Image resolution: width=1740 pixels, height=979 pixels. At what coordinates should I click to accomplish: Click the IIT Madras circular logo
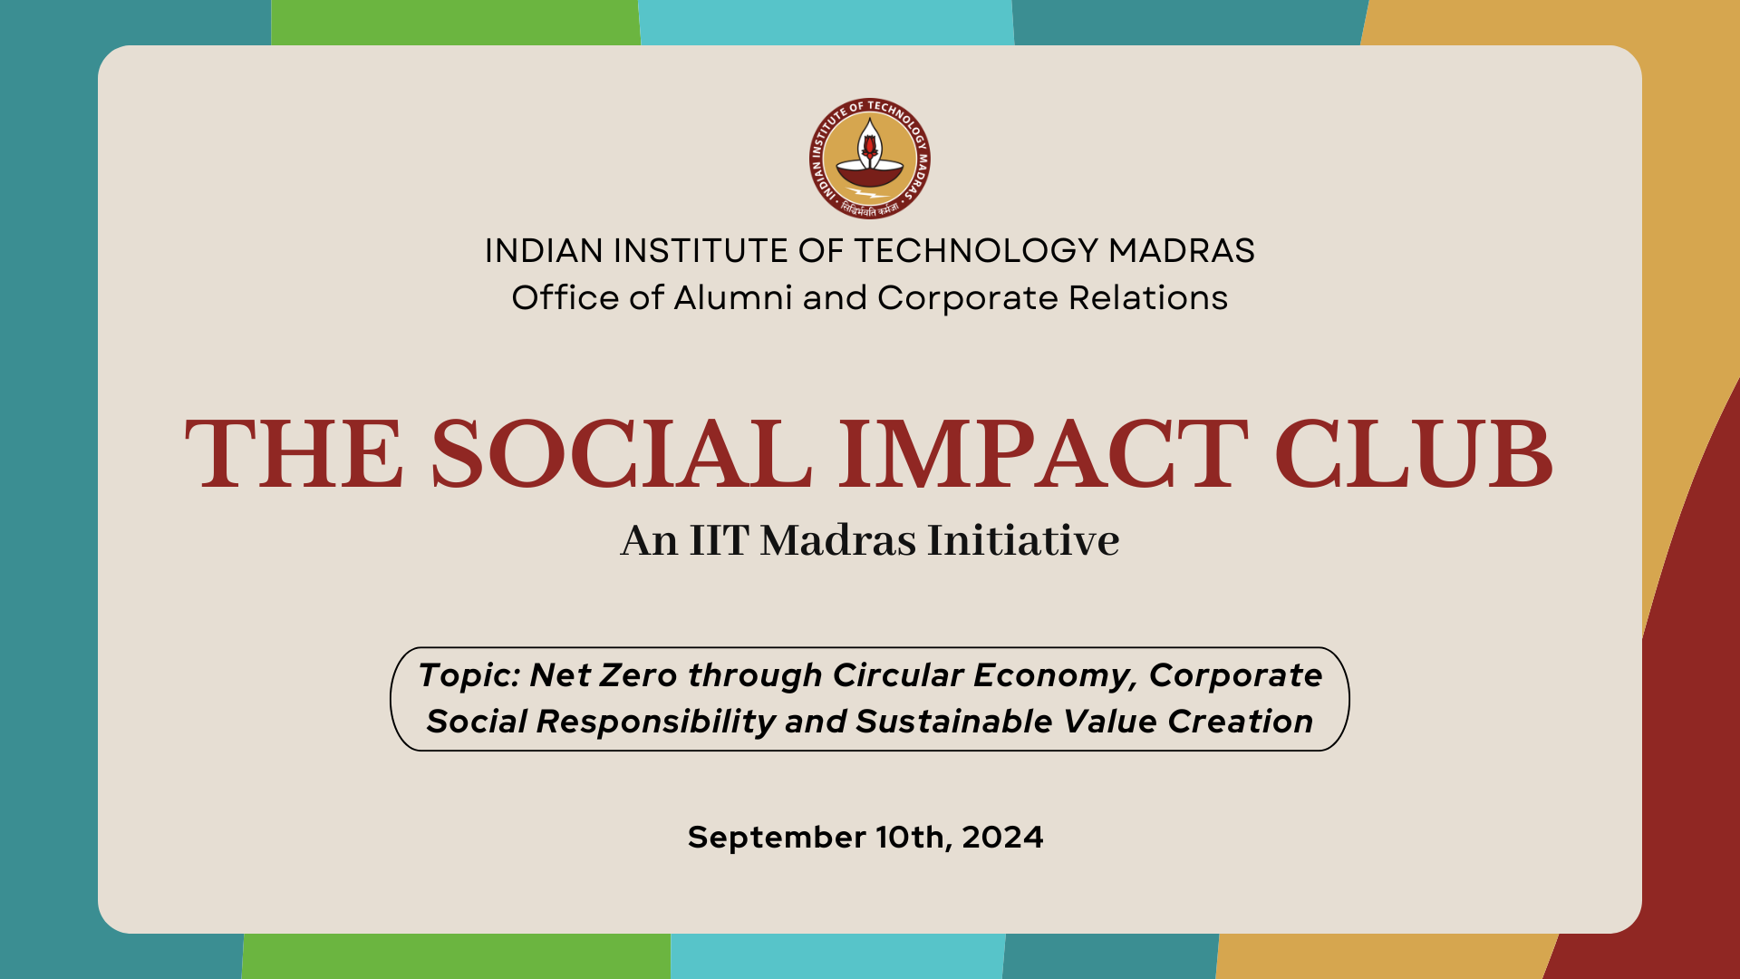click(870, 159)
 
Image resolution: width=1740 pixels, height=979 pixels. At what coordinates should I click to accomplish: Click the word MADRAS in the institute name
click(1182, 251)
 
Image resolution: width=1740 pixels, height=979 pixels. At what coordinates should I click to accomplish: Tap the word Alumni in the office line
click(733, 298)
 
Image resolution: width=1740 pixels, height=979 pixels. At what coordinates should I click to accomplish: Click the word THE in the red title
click(295, 454)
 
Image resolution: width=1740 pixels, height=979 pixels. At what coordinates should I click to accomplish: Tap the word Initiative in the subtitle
click(1023, 540)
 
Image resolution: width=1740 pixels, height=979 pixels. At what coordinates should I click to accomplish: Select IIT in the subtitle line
click(719, 540)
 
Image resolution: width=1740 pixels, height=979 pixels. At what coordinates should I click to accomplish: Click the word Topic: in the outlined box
click(469, 676)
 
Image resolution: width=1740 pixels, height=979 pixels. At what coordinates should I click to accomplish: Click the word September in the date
click(777, 838)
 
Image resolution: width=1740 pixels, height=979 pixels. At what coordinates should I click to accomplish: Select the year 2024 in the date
click(1002, 838)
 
